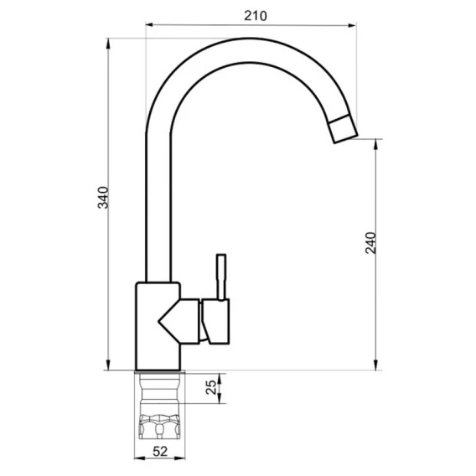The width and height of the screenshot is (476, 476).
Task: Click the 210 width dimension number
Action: [x=256, y=16]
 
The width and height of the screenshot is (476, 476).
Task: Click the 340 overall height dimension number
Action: [x=103, y=198]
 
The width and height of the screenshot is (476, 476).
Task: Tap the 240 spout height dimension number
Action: [x=370, y=243]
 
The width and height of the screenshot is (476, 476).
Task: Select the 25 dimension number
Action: [x=211, y=388]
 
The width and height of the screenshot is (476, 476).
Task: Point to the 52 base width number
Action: [x=160, y=452]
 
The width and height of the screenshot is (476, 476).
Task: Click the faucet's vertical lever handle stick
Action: [x=221, y=277]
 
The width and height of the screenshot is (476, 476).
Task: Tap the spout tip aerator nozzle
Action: [x=343, y=129]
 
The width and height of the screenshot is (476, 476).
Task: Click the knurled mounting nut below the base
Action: [x=159, y=427]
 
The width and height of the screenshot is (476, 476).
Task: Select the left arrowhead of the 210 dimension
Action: [x=149, y=25]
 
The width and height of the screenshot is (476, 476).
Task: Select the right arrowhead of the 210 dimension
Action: [x=353, y=25]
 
